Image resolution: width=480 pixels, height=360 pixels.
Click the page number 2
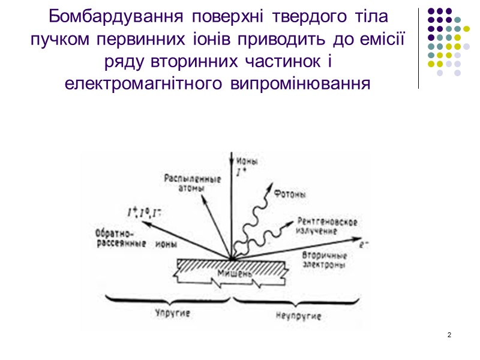coord(449,334)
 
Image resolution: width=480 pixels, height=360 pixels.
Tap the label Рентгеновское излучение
coord(328,226)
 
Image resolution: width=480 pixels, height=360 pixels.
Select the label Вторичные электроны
coord(324,259)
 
